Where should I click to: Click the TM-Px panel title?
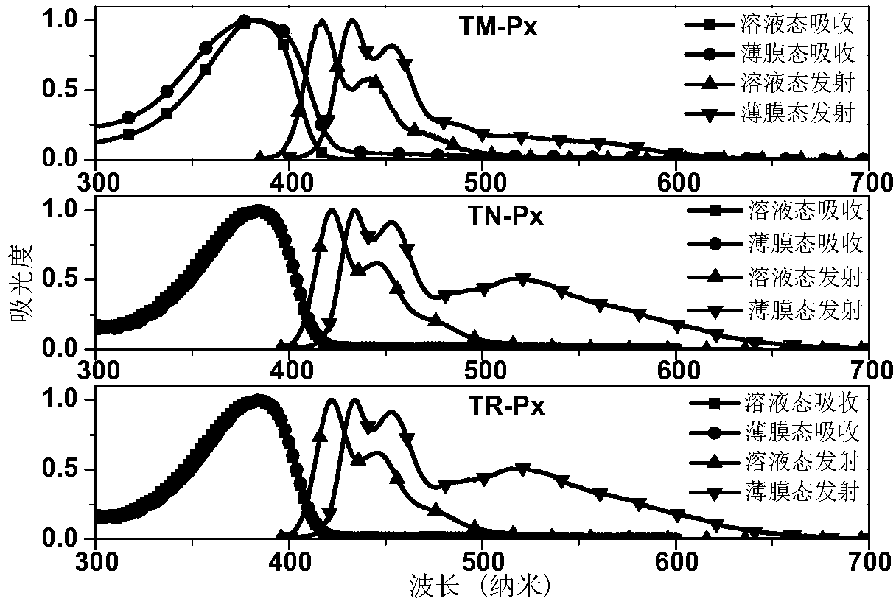(x=498, y=27)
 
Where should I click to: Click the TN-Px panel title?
(x=505, y=216)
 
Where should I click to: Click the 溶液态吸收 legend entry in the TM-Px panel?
(x=769, y=24)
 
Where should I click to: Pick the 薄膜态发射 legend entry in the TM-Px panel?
(x=769, y=113)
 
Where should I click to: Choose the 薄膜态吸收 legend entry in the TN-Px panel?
(x=775, y=243)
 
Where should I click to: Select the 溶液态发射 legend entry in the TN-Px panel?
(x=775, y=277)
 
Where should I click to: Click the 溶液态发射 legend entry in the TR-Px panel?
(x=774, y=462)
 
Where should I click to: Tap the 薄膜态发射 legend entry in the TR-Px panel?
(x=774, y=492)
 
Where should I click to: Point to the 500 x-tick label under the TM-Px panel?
(x=485, y=183)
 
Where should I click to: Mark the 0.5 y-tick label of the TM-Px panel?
(x=59, y=89)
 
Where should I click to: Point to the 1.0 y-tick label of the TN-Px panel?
(x=59, y=209)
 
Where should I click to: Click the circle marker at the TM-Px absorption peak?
(x=245, y=20)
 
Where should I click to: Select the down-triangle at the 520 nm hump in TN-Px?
(x=522, y=279)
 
